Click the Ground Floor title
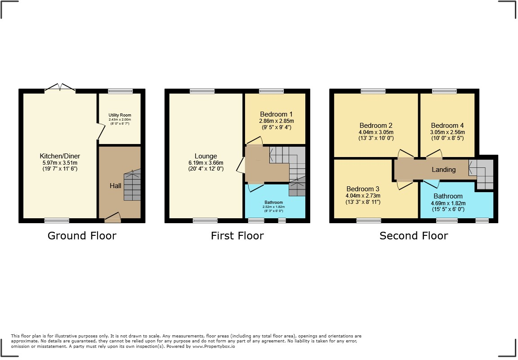(82, 236)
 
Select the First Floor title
(237, 236)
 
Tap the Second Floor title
(414, 236)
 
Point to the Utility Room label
(120, 116)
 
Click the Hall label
(116, 185)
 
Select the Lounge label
(206, 157)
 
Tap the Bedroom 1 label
(276, 114)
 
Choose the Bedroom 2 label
(376, 126)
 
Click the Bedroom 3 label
(363, 189)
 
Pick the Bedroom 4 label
(447, 126)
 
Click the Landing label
(443, 170)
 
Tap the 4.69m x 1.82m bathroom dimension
(448, 203)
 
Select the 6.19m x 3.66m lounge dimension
(206, 163)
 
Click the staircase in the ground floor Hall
(132, 185)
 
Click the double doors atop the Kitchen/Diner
(60, 88)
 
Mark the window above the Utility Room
(121, 91)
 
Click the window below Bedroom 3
(369, 220)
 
